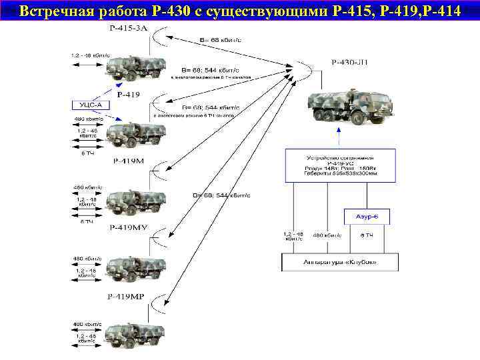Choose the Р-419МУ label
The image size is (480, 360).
tap(128, 228)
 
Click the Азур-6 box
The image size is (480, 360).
tap(366, 217)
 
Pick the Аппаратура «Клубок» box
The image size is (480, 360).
tap(339, 261)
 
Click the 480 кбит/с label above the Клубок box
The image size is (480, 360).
tap(327, 235)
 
